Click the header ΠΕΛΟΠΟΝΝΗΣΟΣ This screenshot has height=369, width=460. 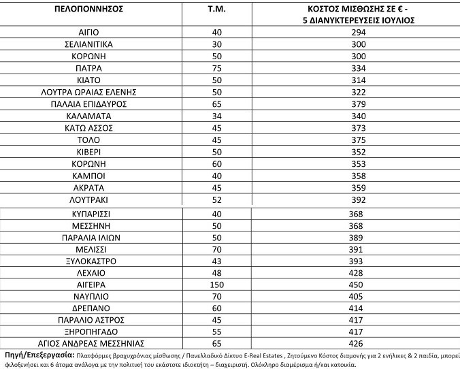click(x=89, y=10)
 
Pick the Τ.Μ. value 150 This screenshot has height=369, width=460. click(x=218, y=283)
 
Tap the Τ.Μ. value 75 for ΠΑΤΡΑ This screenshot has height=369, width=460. click(x=218, y=68)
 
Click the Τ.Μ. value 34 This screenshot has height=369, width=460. click(x=218, y=116)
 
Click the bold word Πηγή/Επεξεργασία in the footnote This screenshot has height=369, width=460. click(x=38, y=355)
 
